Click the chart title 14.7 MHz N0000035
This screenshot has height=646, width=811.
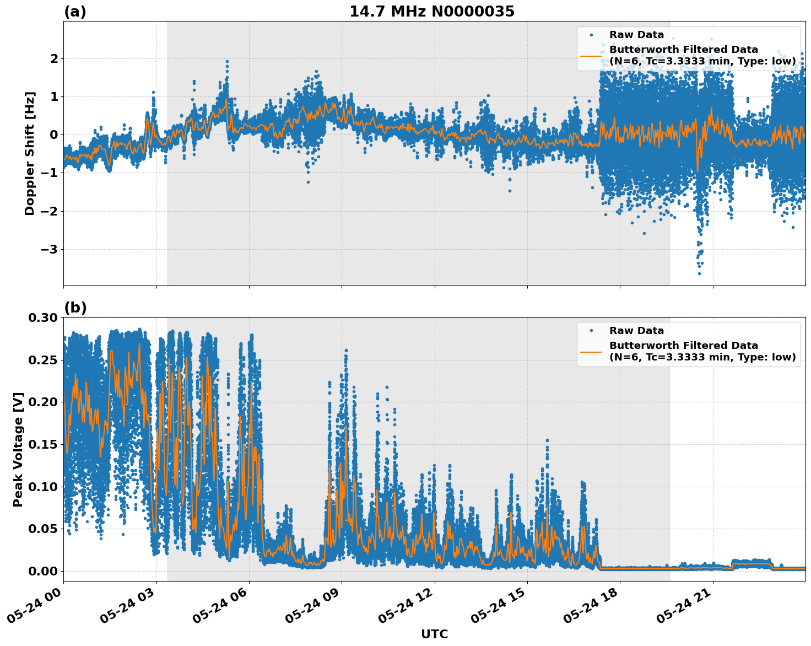[x=432, y=12]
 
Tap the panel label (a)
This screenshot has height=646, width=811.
[x=75, y=12]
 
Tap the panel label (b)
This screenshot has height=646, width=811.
[x=75, y=308]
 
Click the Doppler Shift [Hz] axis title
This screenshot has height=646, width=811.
[x=30, y=153]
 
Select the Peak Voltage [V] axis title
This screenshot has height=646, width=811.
[x=18, y=449]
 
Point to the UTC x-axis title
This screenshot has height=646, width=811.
[x=434, y=634]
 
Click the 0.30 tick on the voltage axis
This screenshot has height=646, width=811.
[x=42, y=317]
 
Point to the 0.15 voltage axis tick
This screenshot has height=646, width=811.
[x=42, y=444]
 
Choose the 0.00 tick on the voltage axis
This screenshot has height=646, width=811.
[x=42, y=571]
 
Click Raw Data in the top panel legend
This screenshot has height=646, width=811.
[x=636, y=35]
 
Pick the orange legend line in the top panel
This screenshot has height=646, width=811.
[x=591, y=56]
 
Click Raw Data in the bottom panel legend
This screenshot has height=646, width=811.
[x=636, y=331]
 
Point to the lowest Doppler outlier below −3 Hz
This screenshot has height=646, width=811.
[x=699, y=273]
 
